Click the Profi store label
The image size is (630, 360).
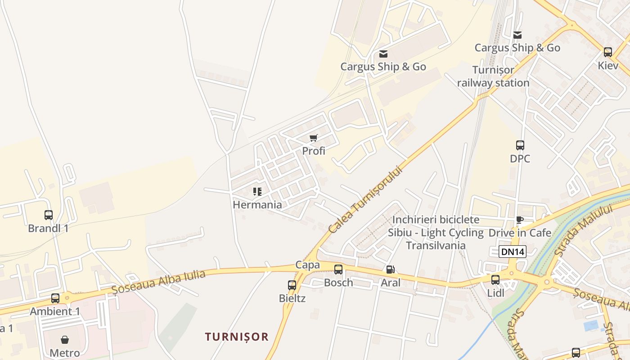click(x=314, y=151)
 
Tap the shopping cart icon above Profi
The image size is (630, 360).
click(x=314, y=138)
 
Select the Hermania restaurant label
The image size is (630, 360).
click(x=257, y=205)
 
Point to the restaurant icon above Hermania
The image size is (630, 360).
click(x=257, y=192)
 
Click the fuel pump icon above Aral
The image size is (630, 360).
click(x=391, y=270)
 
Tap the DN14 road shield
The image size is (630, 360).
click(x=512, y=252)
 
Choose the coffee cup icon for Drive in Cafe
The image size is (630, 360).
click(x=520, y=220)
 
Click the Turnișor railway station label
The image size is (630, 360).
click(x=493, y=76)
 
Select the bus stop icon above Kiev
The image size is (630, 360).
click(x=608, y=52)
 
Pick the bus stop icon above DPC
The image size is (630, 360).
click(x=520, y=145)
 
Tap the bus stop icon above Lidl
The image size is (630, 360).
click(x=495, y=280)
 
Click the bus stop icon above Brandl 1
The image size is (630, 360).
click(x=49, y=215)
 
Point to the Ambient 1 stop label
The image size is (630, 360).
click(x=55, y=311)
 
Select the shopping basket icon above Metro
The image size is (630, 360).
click(x=65, y=340)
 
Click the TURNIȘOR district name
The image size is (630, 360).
click(x=237, y=337)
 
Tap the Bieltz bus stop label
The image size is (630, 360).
click(x=292, y=298)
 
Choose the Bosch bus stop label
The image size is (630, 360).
click(x=338, y=283)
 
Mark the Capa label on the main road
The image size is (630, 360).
click(x=308, y=265)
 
